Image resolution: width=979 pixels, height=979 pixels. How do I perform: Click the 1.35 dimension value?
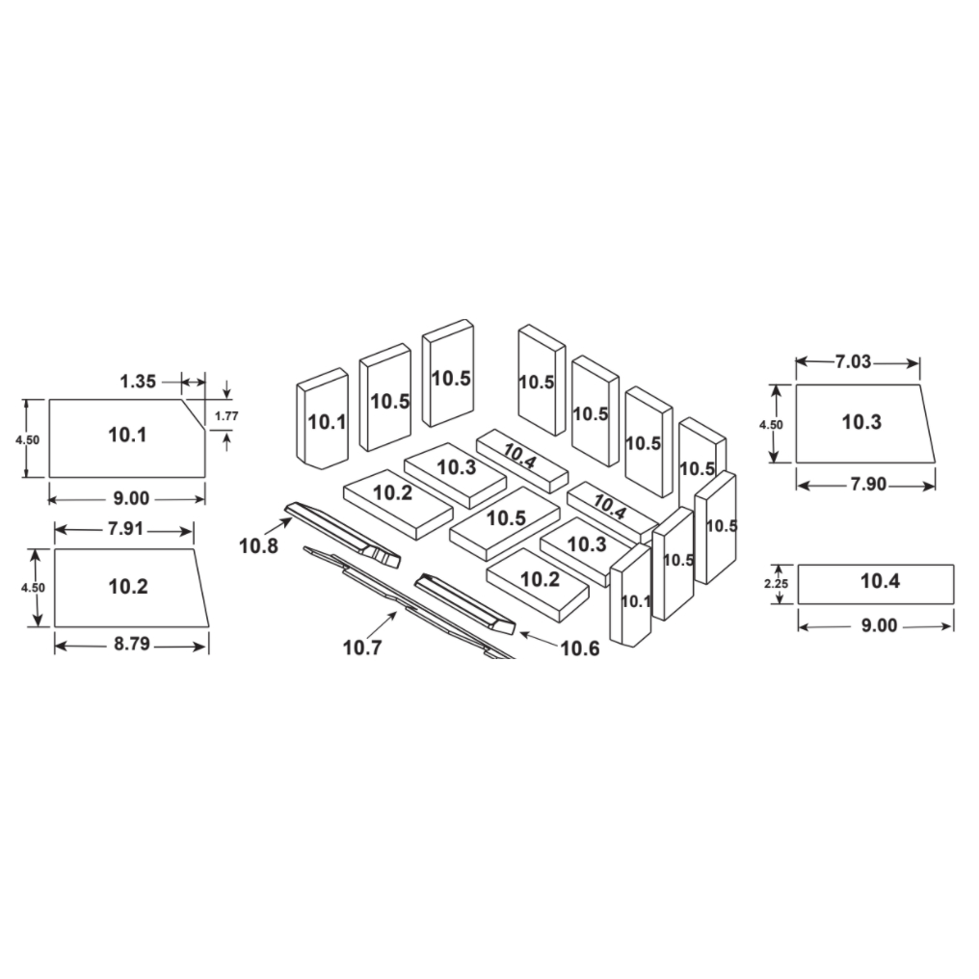point(138,381)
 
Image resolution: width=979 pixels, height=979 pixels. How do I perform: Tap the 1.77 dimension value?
point(226,416)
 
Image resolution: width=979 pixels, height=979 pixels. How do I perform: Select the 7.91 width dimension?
point(125,529)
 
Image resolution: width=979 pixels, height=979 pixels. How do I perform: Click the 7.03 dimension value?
point(853,361)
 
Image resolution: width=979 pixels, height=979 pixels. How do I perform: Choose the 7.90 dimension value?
point(868,484)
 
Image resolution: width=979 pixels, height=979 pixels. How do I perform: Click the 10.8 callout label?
point(258,545)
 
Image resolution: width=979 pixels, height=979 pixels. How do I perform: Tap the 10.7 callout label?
point(362,648)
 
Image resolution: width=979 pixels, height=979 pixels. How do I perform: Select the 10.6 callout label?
point(580,648)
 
